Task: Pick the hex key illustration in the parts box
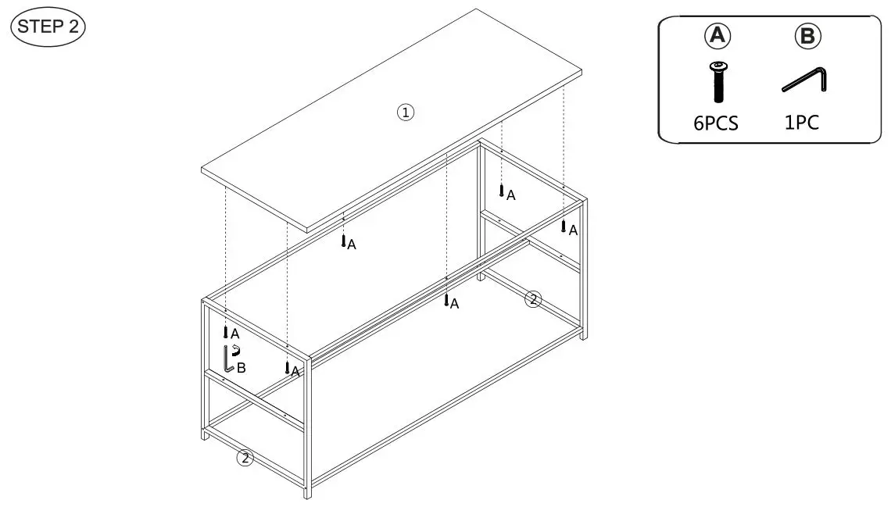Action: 805,80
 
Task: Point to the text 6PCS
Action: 715,123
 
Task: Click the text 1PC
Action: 802,123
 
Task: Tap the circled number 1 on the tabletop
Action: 404,112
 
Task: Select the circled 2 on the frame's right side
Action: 532,298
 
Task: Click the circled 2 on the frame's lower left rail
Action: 245,459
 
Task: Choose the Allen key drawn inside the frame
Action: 228,359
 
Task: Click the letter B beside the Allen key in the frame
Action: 242,368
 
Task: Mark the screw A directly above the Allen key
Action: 225,331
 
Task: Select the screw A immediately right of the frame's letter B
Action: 288,367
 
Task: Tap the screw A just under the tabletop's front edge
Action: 343,241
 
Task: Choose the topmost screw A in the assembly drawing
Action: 501,190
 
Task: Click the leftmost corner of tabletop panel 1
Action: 203,170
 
